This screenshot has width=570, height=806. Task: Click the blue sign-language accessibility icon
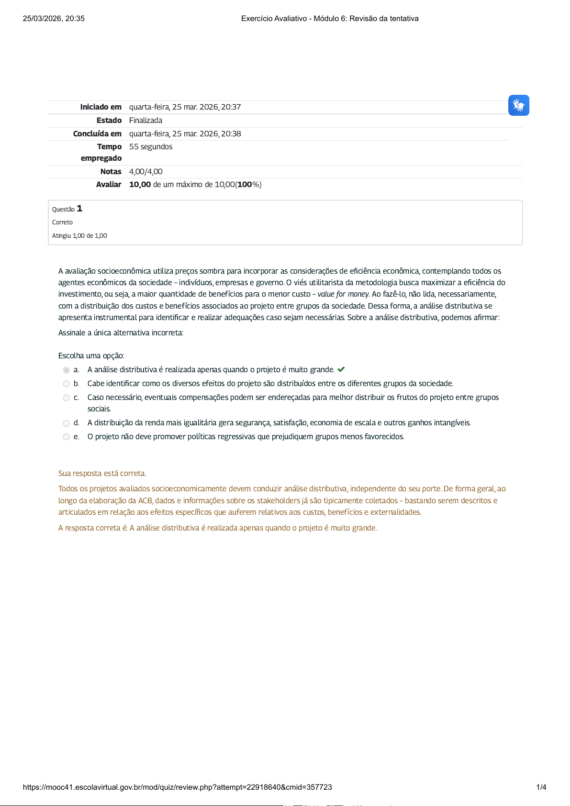[x=518, y=105]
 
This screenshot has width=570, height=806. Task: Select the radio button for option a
[x=67, y=370]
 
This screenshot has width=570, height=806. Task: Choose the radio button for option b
[x=67, y=384]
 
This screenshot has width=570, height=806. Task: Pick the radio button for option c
[x=67, y=397]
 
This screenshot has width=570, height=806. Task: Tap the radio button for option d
[x=67, y=423]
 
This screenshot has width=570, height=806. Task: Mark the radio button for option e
[x=67, y=437]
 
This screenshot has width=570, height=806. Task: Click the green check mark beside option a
[x=341, y=369]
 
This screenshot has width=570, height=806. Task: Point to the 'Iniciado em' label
[x=101, y=107]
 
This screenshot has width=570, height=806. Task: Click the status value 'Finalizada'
[x=145, y=121]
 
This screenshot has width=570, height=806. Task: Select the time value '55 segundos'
[x=151, y=147]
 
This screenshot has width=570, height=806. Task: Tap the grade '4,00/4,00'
[x=146, y=172]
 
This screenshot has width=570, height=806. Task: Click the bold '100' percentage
[x=245, y=185]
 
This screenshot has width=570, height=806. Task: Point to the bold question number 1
[x=79, y=209]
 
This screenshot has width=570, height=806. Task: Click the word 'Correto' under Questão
[x=63, y=222]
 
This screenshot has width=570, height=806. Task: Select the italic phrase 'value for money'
[x=343, y=294]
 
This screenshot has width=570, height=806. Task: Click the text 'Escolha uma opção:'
[x=91, y=356]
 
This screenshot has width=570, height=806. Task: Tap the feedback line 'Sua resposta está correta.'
[x=102, y=474]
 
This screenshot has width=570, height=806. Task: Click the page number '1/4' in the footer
[x=541, y=787]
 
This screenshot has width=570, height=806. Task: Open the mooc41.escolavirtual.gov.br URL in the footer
[x=177, y=787]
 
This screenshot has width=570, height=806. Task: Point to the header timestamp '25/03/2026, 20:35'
[x=54, y=19]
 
